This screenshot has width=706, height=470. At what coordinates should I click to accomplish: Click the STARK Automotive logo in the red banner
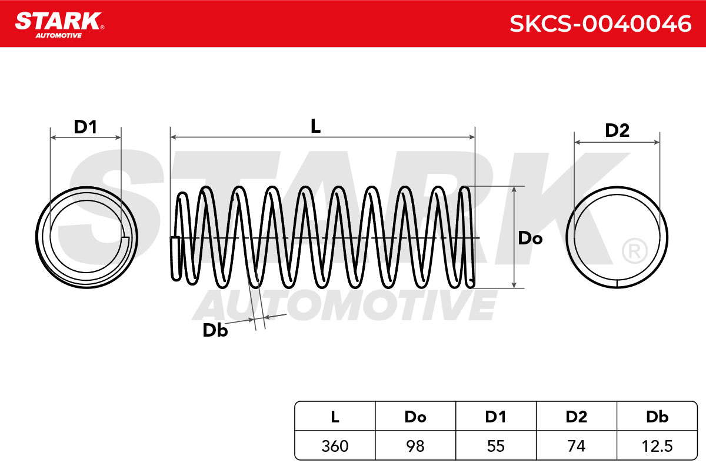pyautogui.click(x=60, y=25)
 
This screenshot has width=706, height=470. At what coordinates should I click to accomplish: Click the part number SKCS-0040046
pyautogui.click(x=601, y=24)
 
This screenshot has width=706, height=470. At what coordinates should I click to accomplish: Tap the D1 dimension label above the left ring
pyautogui.click(x=85, y=127)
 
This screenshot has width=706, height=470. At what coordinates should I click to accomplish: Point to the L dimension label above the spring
pyautogui.click(x=315, y=126)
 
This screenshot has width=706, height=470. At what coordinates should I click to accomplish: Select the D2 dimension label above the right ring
pyautogui.click(x=617, y=130)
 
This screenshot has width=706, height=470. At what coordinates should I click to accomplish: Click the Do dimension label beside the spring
pyautogui.click(x=530, y=238)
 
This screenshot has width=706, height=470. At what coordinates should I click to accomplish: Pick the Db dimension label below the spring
pyautogui.click(x=215, y=330)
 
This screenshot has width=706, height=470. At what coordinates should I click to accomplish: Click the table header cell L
pyautogui.click(x=335, y=417)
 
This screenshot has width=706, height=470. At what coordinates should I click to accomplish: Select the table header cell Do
pyautogui.click(x=415, y=417)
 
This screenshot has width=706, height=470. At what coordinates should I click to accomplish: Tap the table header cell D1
pyautogui.click(x=496, y=417)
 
